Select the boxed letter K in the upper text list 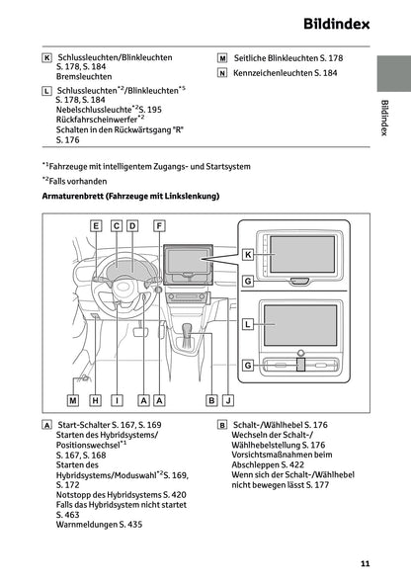(x=46, y=58)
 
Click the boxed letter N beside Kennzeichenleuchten (x=222, y=73)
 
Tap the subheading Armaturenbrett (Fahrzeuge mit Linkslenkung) (x=129, y=198)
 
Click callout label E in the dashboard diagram (x=96, y=226)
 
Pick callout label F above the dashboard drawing (x=159, y=226)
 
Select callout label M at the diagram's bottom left (x=72, y=400)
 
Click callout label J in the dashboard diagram (x=228, y=400)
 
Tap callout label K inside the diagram (x=249, y=254)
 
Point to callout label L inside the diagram (x=249, y=323)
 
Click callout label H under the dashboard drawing (x=96, y=400)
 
